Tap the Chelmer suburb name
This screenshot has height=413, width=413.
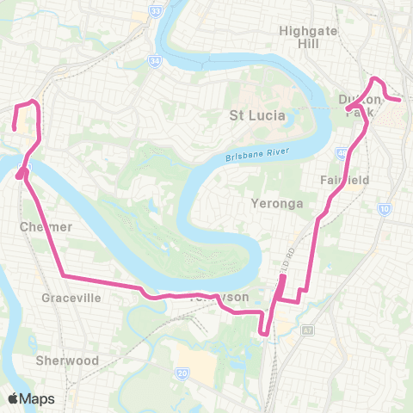[x=40, y=226]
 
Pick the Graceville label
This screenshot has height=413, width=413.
[x=71, y=298]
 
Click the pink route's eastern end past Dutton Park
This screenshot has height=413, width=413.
[x=400, y=100]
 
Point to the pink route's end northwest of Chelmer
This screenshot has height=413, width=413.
[x=14, y=129]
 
